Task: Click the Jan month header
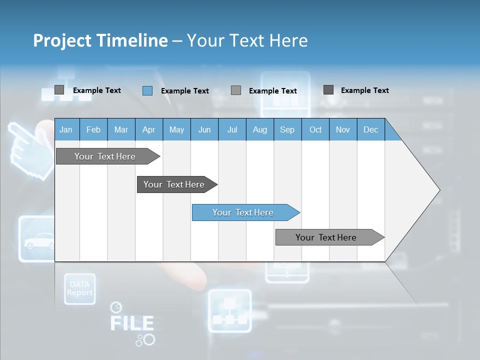pos(66,130)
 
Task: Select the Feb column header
pos(93,130)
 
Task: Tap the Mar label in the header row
pos(121,130)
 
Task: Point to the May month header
pos(176,130)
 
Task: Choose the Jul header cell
pos(232,130)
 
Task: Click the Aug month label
pos(260,130)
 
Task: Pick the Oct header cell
pos(315,130)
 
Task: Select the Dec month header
pos(370,130)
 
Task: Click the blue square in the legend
pos(147,90)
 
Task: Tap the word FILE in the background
pos(131,323)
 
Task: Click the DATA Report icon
pos(79,289)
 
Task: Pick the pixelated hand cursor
pos(31,147)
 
